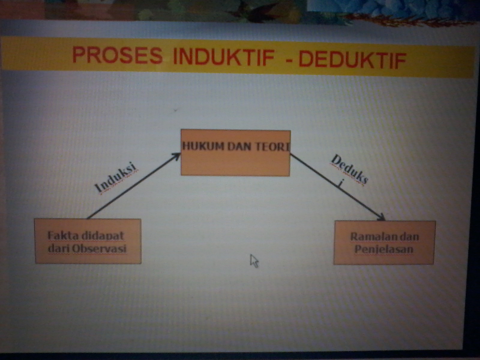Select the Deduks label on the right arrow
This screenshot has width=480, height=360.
click(x=349, y=170)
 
